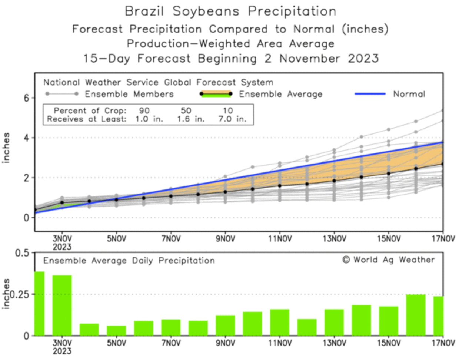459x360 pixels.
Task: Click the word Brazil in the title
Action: pos(144,11)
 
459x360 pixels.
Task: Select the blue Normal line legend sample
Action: pos(370,94)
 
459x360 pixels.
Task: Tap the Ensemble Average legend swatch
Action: pos(216,94)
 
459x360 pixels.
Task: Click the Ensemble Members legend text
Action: pos(129,94)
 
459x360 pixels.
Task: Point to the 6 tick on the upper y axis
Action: pos(26,98)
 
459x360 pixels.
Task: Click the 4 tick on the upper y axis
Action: pos(26,138)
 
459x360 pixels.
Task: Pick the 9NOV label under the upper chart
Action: pos(225,239)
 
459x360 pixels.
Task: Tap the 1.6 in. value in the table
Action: pos(190,119)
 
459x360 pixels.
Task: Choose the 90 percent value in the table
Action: pos(144,110)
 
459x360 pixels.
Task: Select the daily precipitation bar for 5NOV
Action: pos(116,331)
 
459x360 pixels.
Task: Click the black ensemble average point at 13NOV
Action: pos(334,181)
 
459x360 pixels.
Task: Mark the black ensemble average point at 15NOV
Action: pos(389,174)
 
